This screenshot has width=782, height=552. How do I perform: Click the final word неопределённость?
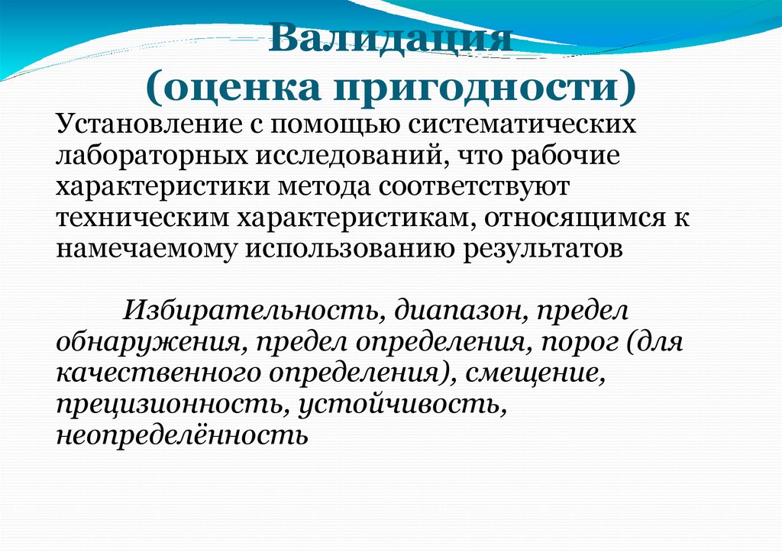click(182, 437)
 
